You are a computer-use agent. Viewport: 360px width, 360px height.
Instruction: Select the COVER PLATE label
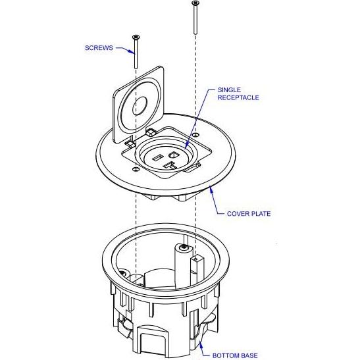pos(249,213)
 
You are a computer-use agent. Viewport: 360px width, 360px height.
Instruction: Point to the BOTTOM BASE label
pos(234,355)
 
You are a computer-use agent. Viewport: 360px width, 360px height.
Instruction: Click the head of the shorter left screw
pos(136,37)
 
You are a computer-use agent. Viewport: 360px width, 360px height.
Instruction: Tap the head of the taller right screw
pos(195,3)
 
